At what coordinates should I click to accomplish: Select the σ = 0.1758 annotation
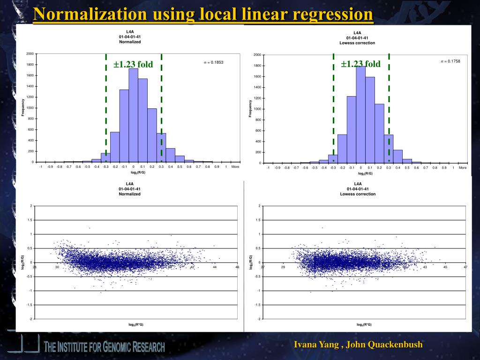pyautogui.click(x=450, y=61)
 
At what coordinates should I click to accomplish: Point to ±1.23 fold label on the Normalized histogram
pyautogui.click(x=133, y=65)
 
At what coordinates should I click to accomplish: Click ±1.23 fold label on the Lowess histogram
pyautogui.click(x=360, y=64)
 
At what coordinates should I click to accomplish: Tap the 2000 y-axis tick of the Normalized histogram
pyautogui.click(x=30, y=54)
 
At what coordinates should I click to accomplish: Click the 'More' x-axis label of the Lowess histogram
pyautogui.click(x=463, y=168)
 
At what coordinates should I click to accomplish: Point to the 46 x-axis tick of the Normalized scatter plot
pyautogui.click(x=237, y=267)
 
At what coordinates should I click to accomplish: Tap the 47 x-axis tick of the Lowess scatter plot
pyautogui.click(x=465, y=267)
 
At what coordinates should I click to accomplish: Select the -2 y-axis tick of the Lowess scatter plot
pyautogui.click(x=258, y=319)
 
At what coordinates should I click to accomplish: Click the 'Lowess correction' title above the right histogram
pyautogui.click(x=357, y=43)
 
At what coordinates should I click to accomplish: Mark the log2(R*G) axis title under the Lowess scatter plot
pyautogui.click(x=364, y=324)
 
